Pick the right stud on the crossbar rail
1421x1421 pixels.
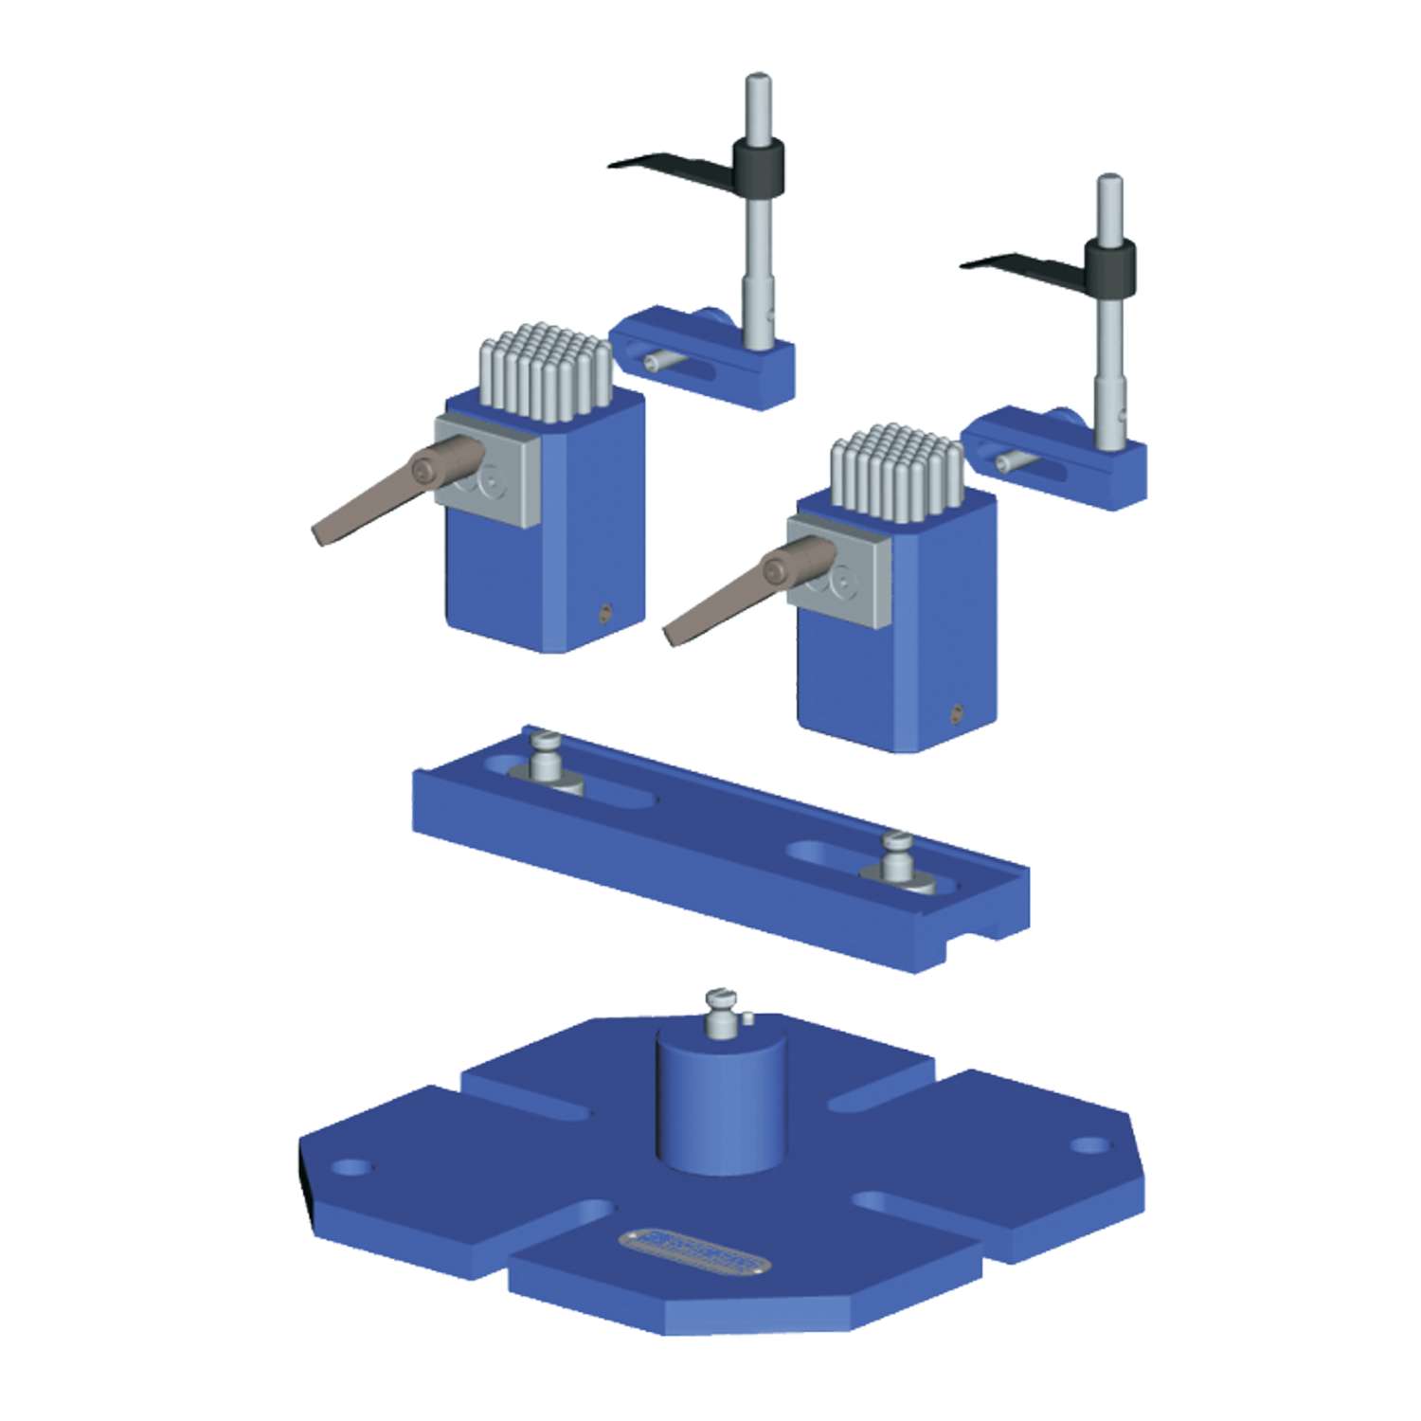(x=897, y=857)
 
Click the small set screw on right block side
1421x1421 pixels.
(x=957, y=712)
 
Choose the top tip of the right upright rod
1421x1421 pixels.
(x=1109, y=180)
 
